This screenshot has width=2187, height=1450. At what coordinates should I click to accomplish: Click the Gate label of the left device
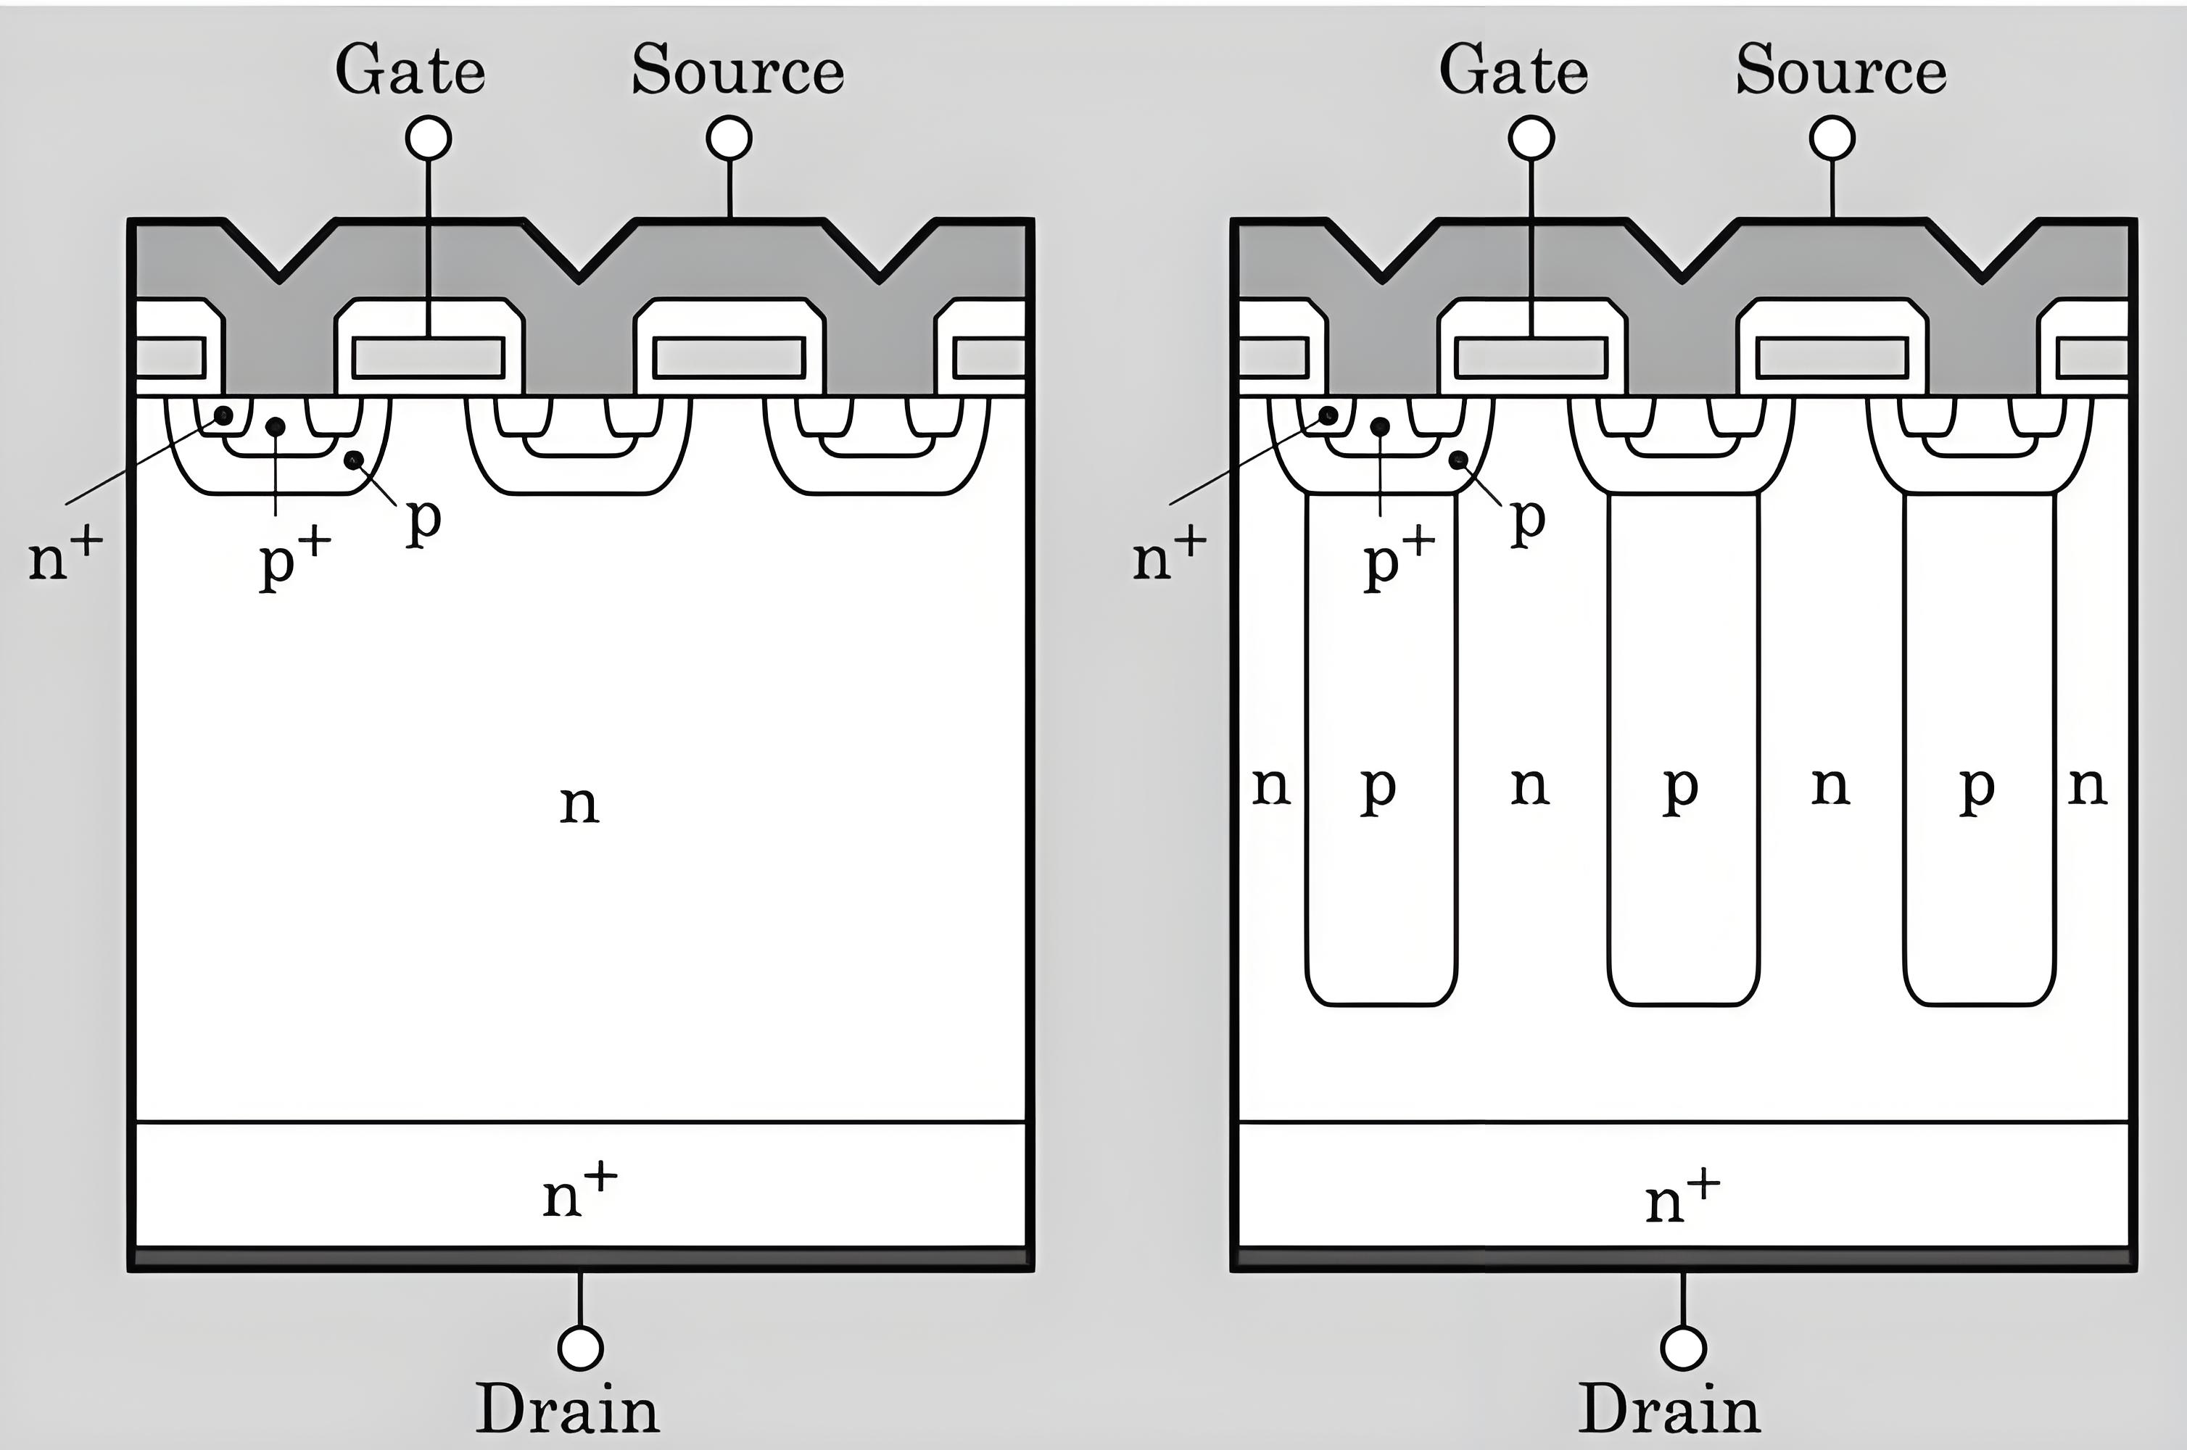(410, 70)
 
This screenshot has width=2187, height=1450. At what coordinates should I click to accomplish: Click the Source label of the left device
(737, 70)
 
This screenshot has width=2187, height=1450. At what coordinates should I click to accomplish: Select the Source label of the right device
(1840, 70)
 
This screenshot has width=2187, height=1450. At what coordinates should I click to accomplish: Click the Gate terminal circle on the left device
(428, 138)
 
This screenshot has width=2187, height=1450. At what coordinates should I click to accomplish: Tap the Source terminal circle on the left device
(729, 138)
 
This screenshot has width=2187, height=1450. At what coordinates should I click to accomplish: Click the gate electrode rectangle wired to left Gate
(428, 358)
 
